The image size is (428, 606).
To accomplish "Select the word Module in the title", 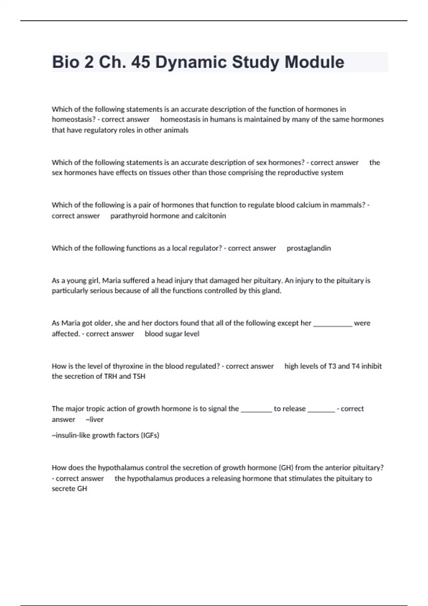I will tap(314, 62).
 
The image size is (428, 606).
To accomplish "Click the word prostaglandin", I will tap(309, 248).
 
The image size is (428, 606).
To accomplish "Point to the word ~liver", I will tap(95, 420).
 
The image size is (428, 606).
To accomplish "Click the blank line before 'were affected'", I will tap(332, 324).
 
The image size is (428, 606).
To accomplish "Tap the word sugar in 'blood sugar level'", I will tap(173, 334).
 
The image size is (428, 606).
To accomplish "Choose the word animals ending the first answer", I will tap(176, 130).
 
